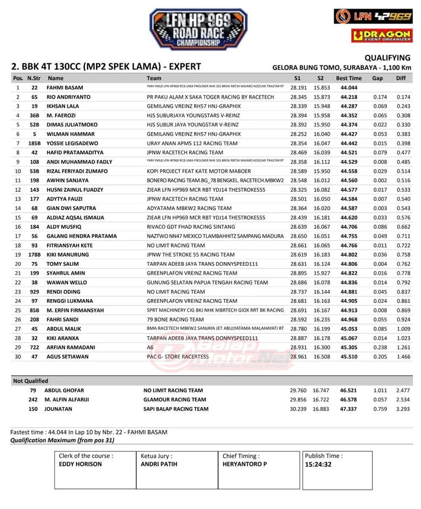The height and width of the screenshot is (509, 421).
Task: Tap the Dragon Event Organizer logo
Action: click(382, 35)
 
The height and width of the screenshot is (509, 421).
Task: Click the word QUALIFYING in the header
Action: click(387, 58)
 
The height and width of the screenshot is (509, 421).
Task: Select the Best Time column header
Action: click(349, 78)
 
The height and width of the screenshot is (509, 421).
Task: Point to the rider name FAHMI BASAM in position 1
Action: click(65, 88)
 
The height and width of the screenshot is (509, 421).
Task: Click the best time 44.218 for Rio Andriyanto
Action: click(349, 97)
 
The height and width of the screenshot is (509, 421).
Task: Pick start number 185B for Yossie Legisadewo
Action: click(35, 143)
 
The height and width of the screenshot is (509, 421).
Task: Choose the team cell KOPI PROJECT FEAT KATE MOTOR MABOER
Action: click(199, 171)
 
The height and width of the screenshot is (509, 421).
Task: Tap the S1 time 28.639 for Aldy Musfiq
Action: click(298, 227)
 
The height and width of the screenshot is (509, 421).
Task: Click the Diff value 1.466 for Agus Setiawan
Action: click(403, 357)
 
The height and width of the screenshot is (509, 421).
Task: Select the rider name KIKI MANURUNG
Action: click(67, 254)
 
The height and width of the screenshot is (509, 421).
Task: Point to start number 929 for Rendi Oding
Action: click(35, 292)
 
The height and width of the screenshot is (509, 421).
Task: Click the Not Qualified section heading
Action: click(31, 381)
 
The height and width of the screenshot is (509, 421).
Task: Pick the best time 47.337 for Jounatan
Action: click(349, 409)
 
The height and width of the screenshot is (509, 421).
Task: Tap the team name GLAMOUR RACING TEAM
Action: click(175, 400)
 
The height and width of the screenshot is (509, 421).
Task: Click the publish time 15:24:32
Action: click(318, 465)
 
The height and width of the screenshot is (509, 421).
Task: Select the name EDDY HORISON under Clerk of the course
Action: click(80, 464)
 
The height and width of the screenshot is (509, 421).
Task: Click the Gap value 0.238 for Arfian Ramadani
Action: click(380, 347)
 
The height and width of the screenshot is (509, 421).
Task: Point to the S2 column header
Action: click(321, 78)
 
